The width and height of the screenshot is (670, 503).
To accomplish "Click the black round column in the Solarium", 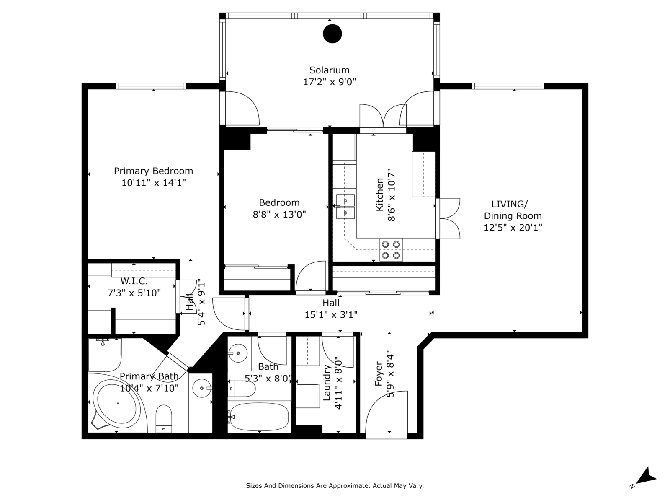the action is pos(332,34).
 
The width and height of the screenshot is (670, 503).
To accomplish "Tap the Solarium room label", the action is pos(330,70).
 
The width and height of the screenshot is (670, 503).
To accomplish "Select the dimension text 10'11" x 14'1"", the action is pos(154,183).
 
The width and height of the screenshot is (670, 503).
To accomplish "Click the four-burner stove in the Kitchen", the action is pos(391,250).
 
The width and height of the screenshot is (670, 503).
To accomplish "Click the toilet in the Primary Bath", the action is pos(164,418).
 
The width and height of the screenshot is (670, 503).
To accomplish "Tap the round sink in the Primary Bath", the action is pos(202,388).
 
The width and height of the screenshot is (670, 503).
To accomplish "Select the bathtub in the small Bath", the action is pos(259,416).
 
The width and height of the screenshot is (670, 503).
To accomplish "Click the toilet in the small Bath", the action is pos(242,389).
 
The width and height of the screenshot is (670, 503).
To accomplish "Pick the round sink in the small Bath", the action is pos(238,353).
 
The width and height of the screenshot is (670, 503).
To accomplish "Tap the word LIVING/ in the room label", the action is pos(510,204).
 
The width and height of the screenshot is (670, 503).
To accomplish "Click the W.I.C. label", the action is pos(134,281).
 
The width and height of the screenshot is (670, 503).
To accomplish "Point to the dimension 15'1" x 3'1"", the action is pos(331,314).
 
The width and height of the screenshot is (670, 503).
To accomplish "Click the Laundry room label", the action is pos(327,383).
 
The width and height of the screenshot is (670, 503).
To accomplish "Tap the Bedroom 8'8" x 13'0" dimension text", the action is pos(279,214).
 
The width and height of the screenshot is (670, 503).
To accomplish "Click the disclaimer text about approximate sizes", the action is pos(335,486).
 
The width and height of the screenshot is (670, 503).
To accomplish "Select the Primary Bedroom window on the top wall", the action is pos(151,86).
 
